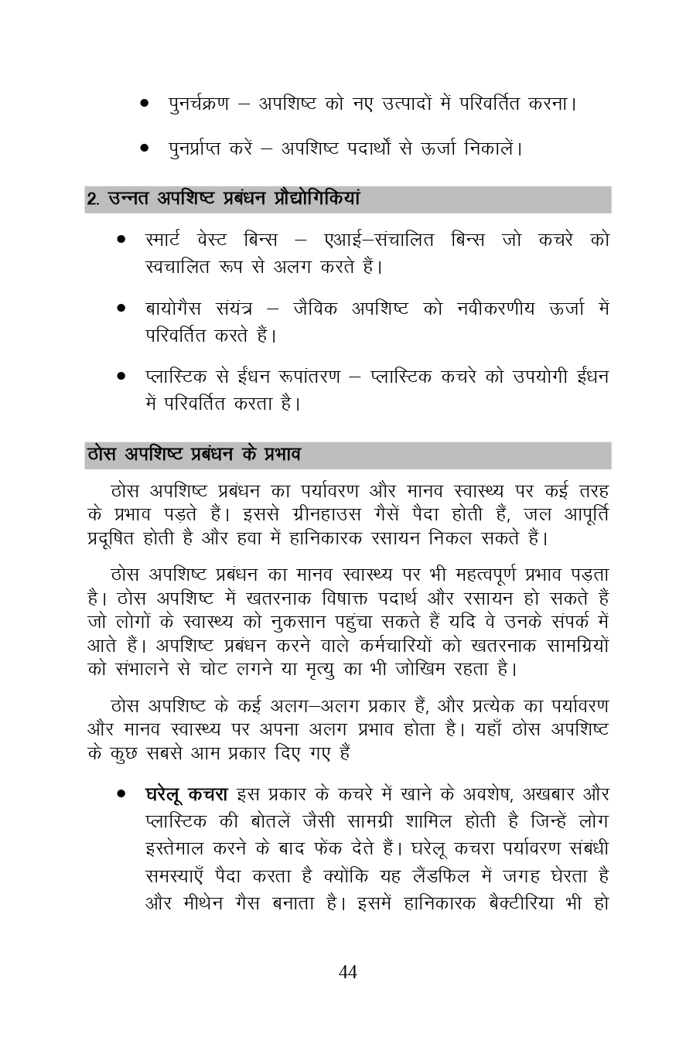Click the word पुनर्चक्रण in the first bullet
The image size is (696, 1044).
click(x=199, y=103)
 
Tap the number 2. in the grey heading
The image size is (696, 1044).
click(x=93, y=199)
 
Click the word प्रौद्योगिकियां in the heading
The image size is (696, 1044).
click(x=317, y=199)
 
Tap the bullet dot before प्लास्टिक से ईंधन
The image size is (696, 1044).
click(x=121, y=377)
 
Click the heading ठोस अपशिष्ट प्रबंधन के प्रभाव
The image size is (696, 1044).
click(x=193, y=455)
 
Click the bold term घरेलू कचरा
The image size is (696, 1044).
click(x=186, y=794)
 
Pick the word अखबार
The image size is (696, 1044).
click(x=551, y=794)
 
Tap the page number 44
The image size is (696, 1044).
click(x=348, y=972)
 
